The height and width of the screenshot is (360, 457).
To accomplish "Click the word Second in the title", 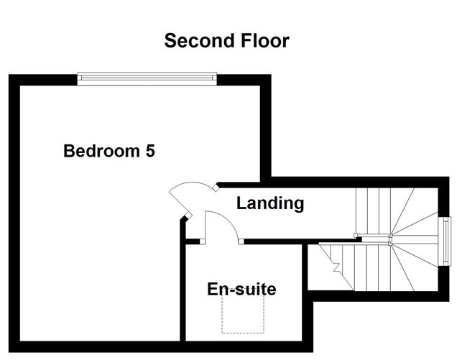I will tap(195, 40).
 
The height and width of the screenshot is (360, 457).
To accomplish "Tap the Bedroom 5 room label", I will tap(109, 152).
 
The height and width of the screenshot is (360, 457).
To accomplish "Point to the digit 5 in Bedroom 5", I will tap(149, 152).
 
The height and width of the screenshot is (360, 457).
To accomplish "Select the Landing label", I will tap(270, 203).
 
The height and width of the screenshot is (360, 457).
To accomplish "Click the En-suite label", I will tap(241, 290).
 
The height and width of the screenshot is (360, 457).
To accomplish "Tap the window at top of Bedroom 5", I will tap(147, 78).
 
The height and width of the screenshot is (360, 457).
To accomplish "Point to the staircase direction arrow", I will tap(336, 267).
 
